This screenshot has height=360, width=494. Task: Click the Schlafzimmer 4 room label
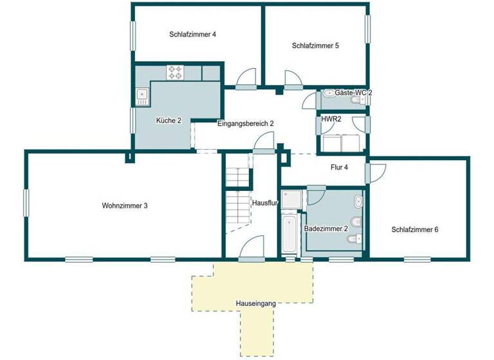click(192, 35)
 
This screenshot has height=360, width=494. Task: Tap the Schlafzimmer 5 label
click(315, 46)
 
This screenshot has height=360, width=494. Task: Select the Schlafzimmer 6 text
click(415, 230)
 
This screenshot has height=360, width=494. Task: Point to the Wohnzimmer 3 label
click(125, 206)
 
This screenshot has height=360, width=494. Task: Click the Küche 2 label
click(169, 120)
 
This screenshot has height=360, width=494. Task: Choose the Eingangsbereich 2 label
click(246, 123)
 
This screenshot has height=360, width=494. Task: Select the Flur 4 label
click(339, 167)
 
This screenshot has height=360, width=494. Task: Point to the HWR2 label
click(332, 119)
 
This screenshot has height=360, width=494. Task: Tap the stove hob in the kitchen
click(175, 72)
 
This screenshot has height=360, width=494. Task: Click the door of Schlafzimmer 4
click(245, 79)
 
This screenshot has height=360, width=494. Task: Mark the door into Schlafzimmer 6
click(375, 172)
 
